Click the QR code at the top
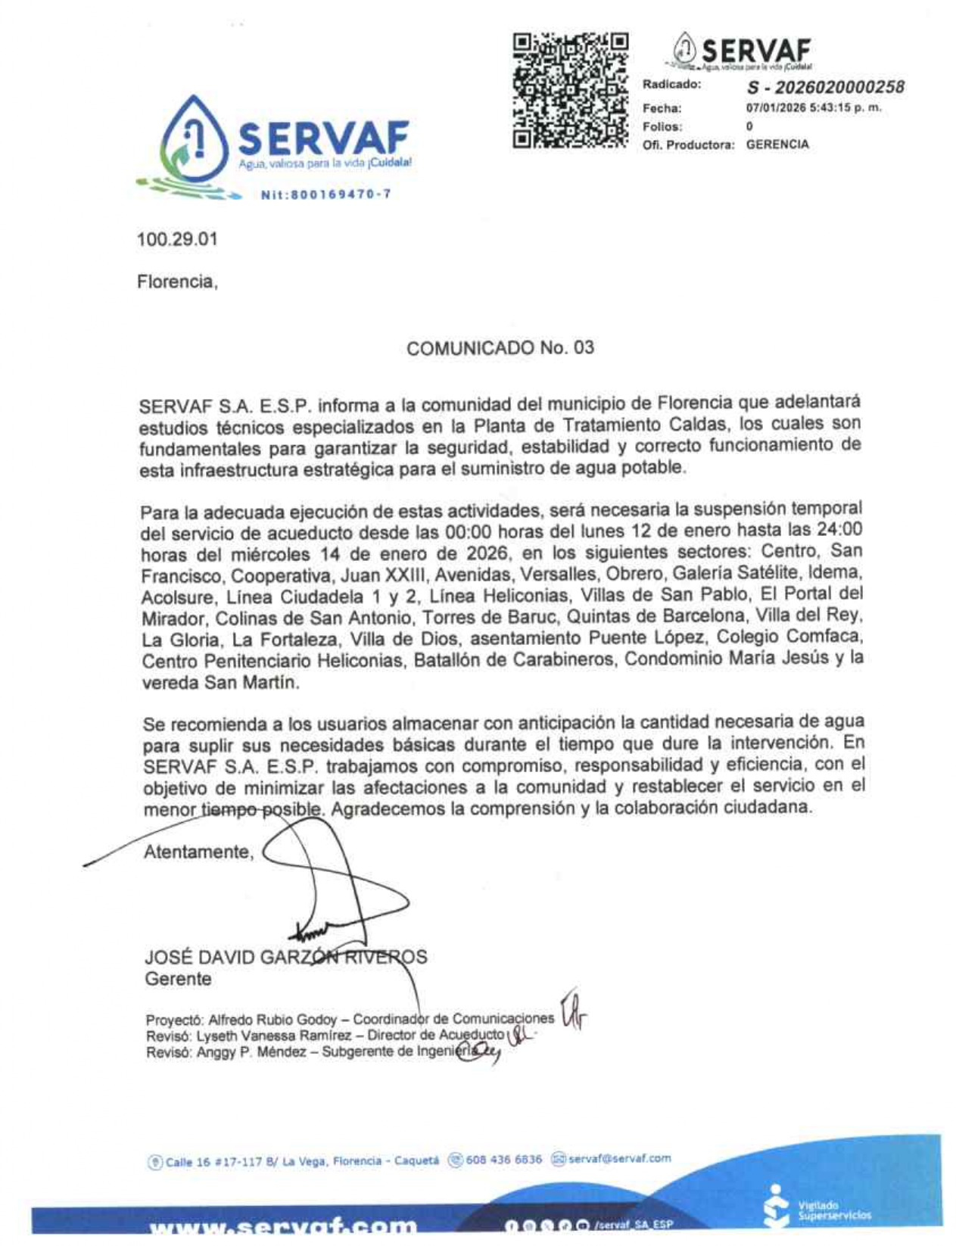coord(570,91)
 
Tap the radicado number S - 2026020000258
coord(825,87)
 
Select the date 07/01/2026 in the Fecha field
coord(776,107)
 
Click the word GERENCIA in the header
coord(777,144)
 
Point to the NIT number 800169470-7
coord(325,195)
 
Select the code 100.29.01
coord(177,239)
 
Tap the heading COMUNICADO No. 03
coord(500,348)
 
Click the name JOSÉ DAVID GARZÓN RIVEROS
coord(285,958)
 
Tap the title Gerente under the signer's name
coord(178,979)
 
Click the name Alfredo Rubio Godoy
coord(272,1020)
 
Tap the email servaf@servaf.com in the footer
coord(619,1158)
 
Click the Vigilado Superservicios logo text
coord(834,1210)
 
